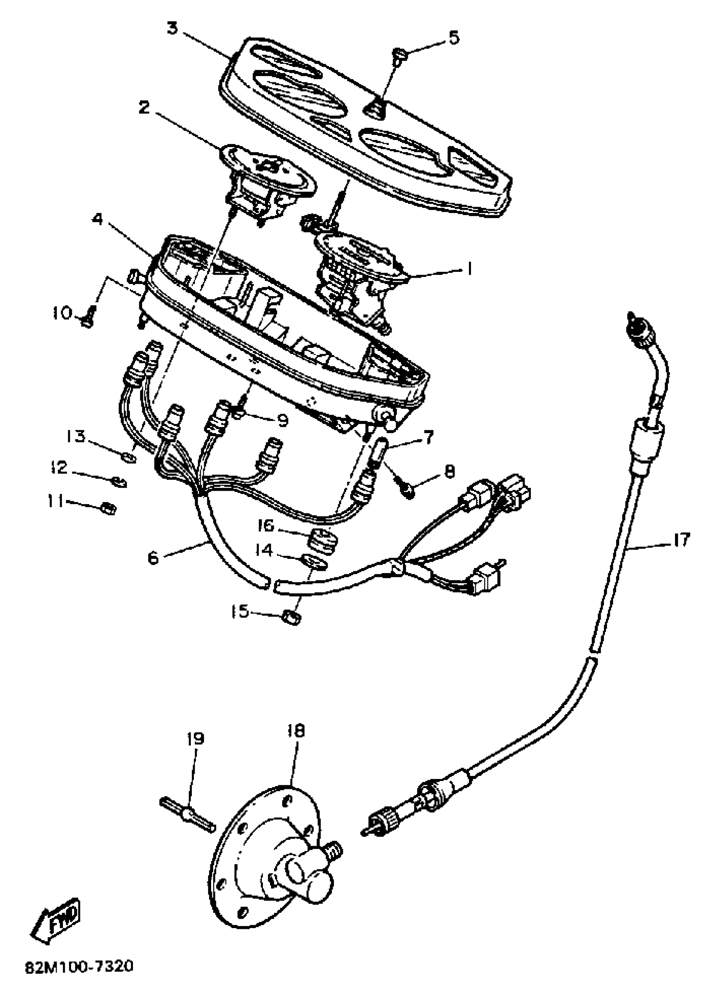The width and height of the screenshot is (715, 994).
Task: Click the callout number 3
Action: pos(173,29)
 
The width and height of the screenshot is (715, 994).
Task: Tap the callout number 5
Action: pos(453,37)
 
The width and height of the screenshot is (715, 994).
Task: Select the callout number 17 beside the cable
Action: pos(681,540)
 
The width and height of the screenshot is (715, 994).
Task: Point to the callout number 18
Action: pos(296,731)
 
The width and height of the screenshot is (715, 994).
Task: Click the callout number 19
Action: pos(195,739)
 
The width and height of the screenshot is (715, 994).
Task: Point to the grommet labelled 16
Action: pos(324,539)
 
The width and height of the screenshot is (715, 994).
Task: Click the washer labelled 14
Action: pos(314,563)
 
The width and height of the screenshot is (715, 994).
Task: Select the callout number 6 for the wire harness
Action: pos(153,558)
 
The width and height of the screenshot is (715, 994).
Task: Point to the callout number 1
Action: pos(469,268)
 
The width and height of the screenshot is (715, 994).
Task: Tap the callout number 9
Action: pos(283,420)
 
